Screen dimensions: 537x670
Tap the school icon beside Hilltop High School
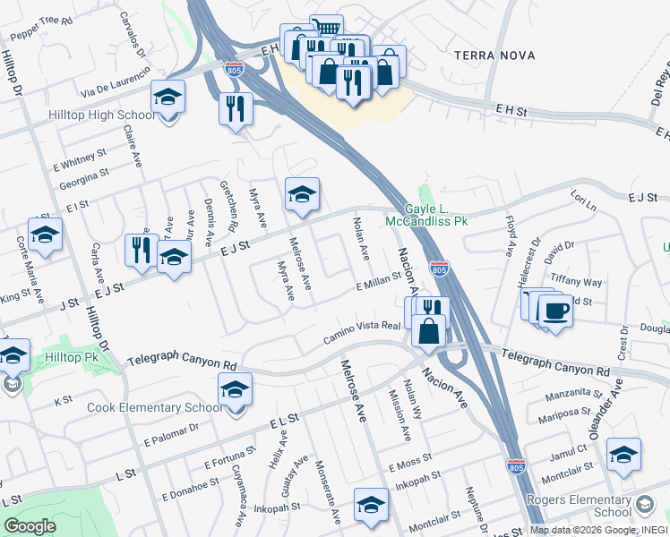167,98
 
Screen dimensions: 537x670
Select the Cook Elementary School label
156,408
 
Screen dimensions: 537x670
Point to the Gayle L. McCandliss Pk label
427,213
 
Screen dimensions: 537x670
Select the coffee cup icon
555,311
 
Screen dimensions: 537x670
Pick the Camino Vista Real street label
361,333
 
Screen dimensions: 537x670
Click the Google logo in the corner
30,526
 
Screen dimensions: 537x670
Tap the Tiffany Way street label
576,281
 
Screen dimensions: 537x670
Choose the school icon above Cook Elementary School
235,390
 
